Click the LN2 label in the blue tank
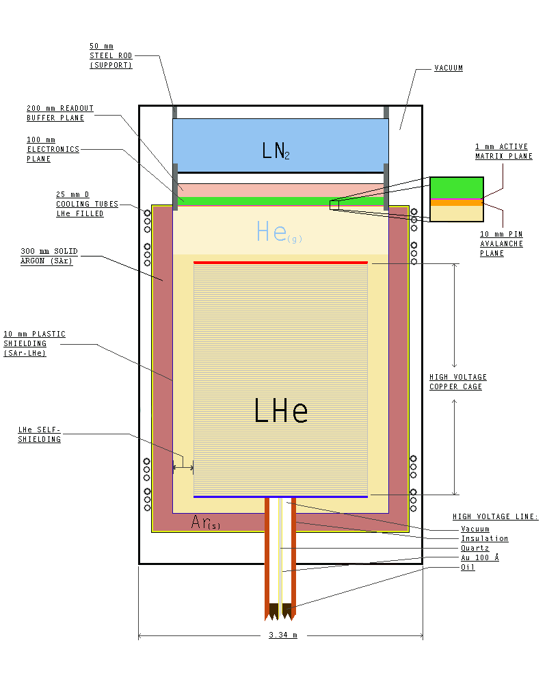click(x=276, y=150)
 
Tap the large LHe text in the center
click(x=280, y=411)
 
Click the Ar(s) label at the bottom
click(x=206, y=523)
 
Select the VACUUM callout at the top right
click(x=449, y=68)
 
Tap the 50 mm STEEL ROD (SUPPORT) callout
click(x=111, y=55)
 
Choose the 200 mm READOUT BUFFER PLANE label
click(x=60, y=113)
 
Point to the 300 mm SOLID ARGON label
click(x=46, y=256)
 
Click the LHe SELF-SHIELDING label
click(x=40, y=434)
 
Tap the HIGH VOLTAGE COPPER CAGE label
click(x=457, y=382)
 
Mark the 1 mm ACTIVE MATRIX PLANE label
click(x=503, y=151)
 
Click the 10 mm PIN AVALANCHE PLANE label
click(x=502, y=244)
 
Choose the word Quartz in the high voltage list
click(x=475, y=549)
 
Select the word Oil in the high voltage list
click(x=468, y=568)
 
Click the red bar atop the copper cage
click(x=280, y=262)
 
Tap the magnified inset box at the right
click(x=457, y=199)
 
